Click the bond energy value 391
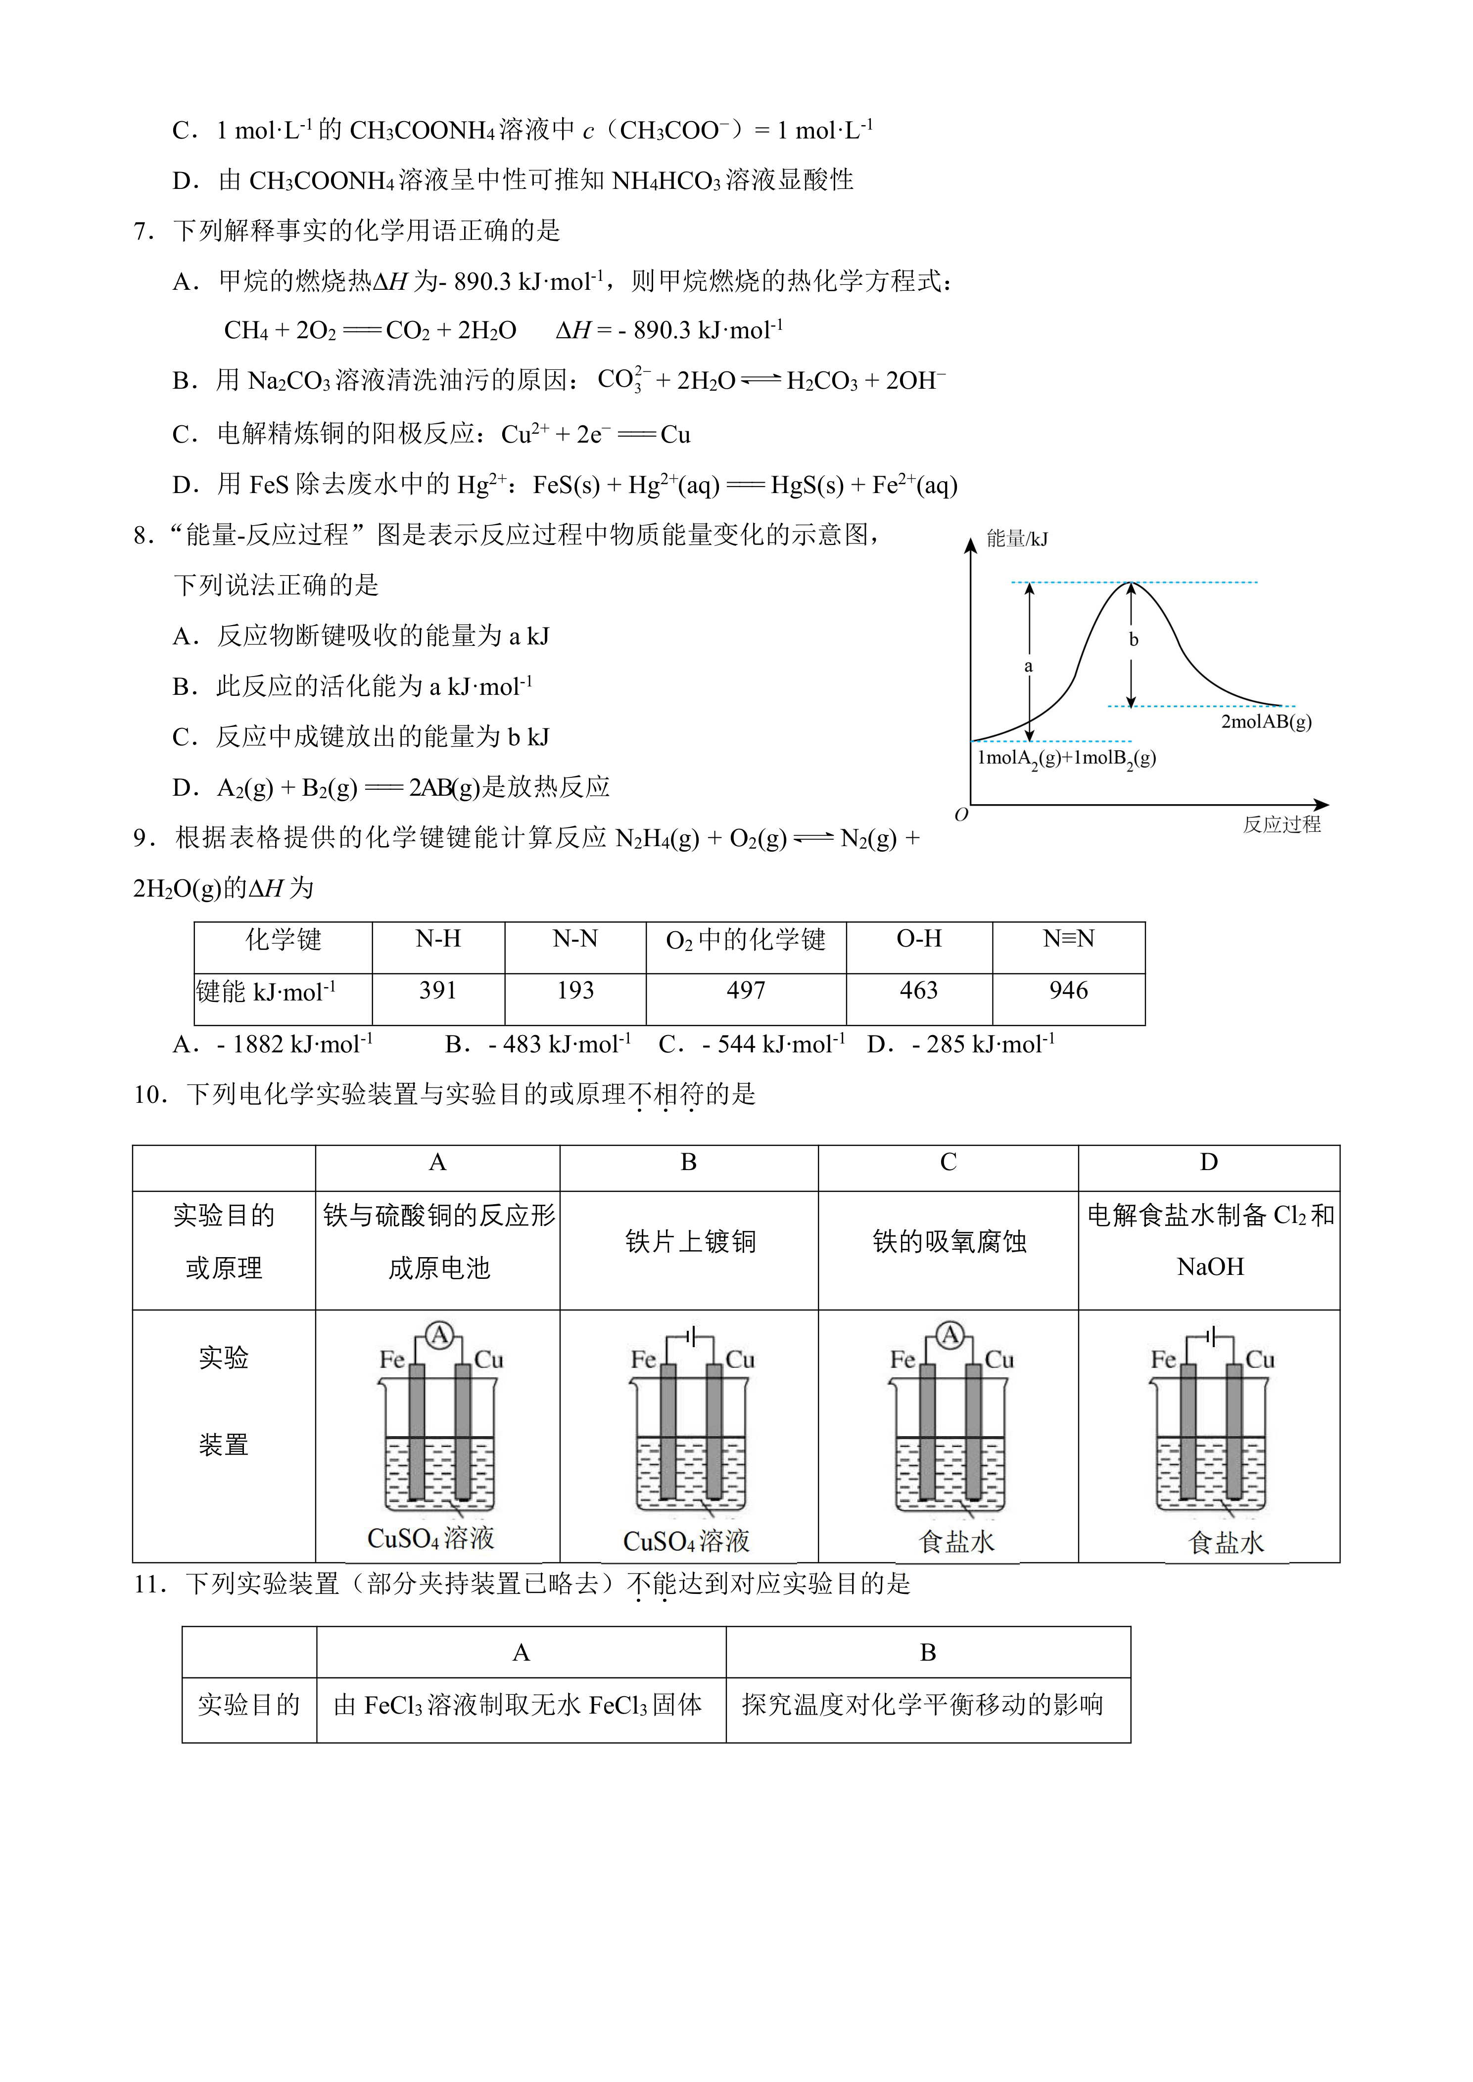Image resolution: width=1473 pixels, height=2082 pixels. (x=437, y=990)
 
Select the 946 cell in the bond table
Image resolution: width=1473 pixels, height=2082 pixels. (x=1068, y=990)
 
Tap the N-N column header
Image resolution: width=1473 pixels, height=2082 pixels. (x=575, y=939)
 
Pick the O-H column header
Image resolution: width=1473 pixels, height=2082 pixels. (x=919, y=939)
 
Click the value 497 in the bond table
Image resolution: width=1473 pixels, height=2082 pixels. (x=746, y=990)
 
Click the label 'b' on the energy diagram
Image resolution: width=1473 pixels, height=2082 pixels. (x=1133, y=639)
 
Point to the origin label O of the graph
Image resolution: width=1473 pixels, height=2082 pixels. (x=961, y=815)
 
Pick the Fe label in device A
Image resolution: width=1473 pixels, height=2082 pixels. (x=392, y=1360)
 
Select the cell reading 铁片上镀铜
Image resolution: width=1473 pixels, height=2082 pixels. (x=689, y=1241)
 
